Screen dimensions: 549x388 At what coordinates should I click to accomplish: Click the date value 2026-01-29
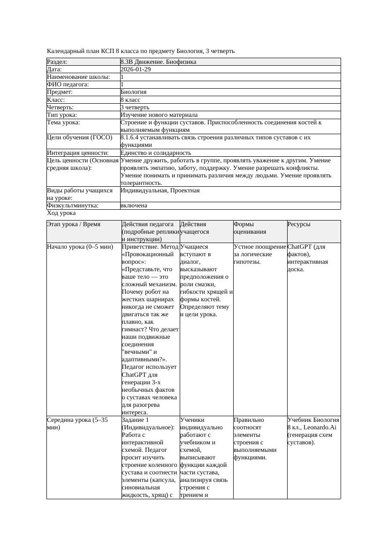click(x=136, y=69)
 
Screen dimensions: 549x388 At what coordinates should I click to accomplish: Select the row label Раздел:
click(x=57, y=62)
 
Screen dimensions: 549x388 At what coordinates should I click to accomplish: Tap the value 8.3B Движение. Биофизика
click(x=158, y=62)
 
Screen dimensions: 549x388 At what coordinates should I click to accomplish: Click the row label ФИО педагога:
click(x=68, y=84)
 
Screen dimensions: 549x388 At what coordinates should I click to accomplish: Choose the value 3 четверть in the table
click(x=136, y=107)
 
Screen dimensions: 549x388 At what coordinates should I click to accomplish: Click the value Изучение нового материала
click(x=159, y=115)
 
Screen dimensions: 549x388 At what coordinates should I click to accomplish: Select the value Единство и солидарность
click(x=156, y=153)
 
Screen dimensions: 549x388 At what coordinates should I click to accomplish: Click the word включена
click(x=134, y=206)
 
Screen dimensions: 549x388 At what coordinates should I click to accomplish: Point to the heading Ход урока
click(x=61, y=213)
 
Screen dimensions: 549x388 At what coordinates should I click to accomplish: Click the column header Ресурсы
click(x=299, y=224)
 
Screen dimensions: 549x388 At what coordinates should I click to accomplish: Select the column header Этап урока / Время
click(x=74, y=224)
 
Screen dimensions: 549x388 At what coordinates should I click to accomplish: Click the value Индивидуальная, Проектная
click(x=160, y=191)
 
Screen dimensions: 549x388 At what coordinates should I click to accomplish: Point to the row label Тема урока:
click(x=64, y=122)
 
